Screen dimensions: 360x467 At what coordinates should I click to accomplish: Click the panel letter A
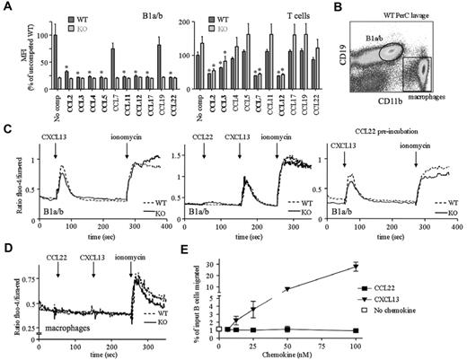pyautogui.click(x=6, y=7)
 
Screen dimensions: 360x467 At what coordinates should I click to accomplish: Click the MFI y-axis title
pyautogui.click(x=12, y=55)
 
